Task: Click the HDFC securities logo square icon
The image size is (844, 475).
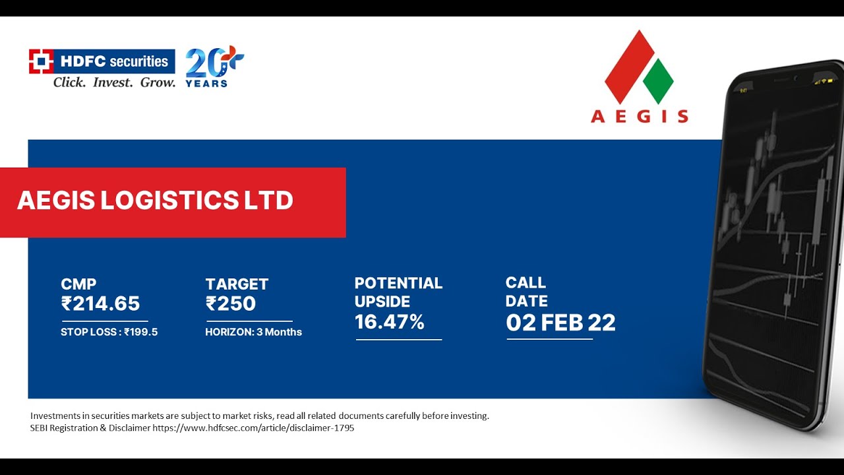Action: pyautogui.click(x=41, y=61)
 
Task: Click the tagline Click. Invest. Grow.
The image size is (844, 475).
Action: pyautogui.click(x=114, y=82)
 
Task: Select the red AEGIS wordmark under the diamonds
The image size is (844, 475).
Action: pyautogui.click(x=639, y=117)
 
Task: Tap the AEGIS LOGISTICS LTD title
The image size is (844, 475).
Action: pyautogui.click(x=155, y=201)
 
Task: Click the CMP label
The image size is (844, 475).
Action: pyautogui.click(x=78, y=284)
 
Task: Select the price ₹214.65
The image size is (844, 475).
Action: pyautogui.click(x=100, y=303)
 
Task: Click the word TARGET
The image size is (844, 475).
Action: pyautogui.click(x=237, y=284)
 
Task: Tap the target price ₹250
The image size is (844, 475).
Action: pyautogui.click(x=230, y=303)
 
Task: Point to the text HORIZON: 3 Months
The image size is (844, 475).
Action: pyautogui.click(x=253, y=332)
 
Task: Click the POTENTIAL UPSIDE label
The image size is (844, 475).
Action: pyautogui.click(x=398, y=292)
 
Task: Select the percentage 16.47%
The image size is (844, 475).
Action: pyautogui.click(x=389, y=322)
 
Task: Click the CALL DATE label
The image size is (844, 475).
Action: pyautogui.click(x=526, y=292)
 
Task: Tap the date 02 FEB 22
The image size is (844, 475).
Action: pyautogui.click(x=560, y=323)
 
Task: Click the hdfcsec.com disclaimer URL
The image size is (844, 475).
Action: pyautogui.click(x=253, y=427)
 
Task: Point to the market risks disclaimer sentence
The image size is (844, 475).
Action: pyautogui.click(x=259, y=416)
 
